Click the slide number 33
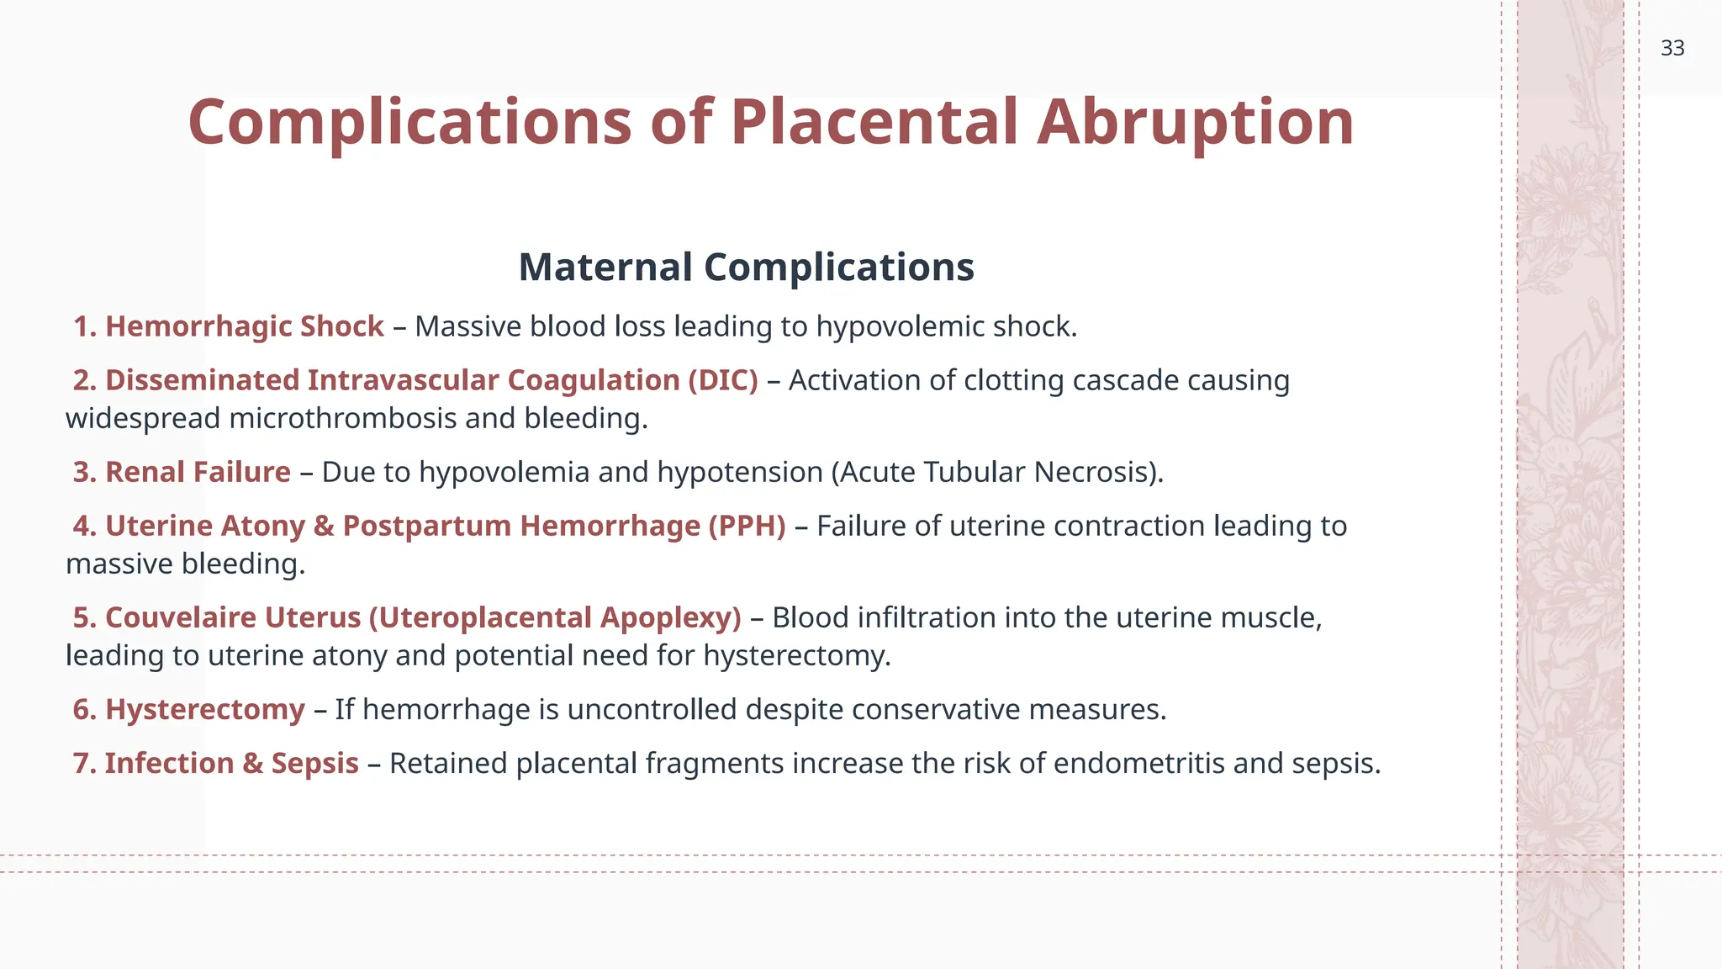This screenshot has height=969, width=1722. pyautogui.click(x=1672, y=48)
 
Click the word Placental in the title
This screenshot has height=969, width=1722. pyautogui.click(x=874, y=122)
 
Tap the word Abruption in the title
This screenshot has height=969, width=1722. pyautogui.click(x=1195, y=122)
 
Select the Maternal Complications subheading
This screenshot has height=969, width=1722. pyautogui.click(x=746, y=267)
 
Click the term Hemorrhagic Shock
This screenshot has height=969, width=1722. pyautogui.click(x=244, y=326)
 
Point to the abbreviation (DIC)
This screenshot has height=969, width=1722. pyautogui.click(x=723, y=380)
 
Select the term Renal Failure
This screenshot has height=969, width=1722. pyautogui.click(x=198, y=472)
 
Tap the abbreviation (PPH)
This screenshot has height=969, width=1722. pyautogui.click(x=747, y=526)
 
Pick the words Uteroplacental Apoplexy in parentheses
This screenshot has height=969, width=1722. pyautogui.click(x=555, y=617)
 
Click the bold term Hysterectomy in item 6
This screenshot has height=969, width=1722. pyautogui.click(x=204, y=709)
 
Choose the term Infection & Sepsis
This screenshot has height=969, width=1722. pyautogui.click(x=231, y=763)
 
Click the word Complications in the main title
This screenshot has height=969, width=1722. pyautogui.click(x=409, y=122)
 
